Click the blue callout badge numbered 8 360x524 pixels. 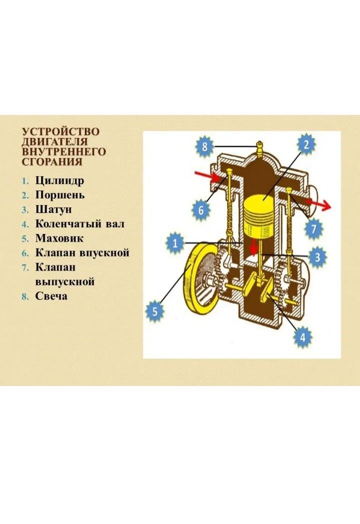click(204, 146)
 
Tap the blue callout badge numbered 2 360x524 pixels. click(306, 144)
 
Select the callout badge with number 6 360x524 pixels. click(201, 210)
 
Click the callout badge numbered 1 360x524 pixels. click(175, 243)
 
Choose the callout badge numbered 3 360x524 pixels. click(317, 257)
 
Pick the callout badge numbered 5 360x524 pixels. click(155, 311)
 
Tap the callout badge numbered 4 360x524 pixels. click(302, 337)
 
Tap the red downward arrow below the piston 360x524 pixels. click(254, 247)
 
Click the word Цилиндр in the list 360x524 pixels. click(59, 181)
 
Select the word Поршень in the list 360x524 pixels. click(60, 195)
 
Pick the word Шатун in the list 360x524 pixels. click(53, 209)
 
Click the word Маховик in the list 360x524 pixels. click(59, 238)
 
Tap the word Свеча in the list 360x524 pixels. click(51, 296)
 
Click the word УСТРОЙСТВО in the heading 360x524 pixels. click(60, 131)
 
